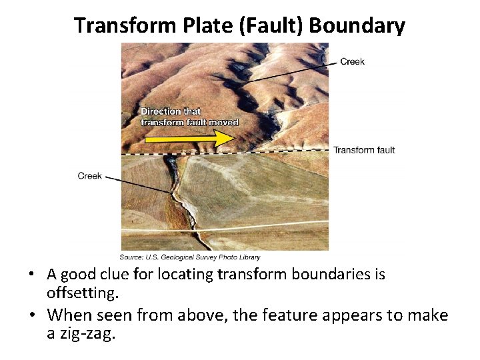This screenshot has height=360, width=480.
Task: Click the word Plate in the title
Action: (191, 25)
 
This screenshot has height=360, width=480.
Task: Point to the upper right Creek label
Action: (352, 62)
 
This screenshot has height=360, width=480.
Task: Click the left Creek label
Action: (90, 176)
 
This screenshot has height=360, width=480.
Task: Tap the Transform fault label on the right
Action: (364, 150)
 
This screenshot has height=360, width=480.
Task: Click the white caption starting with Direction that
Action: (189, 117)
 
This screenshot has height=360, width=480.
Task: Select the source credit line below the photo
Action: (190, 257)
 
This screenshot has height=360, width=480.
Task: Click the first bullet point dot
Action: (32, 275)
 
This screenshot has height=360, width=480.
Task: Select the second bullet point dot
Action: (32, 315)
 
